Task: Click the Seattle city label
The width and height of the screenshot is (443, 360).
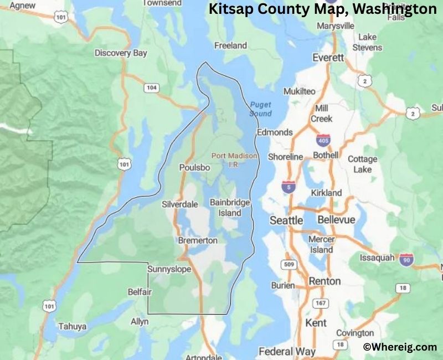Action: click(286, 220)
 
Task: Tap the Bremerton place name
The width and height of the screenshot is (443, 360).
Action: click(198, 240)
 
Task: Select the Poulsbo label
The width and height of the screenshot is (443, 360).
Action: click(194, 167)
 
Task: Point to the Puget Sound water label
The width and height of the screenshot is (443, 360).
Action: click(261, 109)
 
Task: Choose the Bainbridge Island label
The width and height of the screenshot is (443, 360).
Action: click(230, 208)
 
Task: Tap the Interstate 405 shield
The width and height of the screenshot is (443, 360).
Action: click(323, 139)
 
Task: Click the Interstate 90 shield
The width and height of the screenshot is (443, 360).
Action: click(406, 259)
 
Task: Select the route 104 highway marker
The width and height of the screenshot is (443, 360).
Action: click(151, 88)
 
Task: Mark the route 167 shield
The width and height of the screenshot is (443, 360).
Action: click(320, 304)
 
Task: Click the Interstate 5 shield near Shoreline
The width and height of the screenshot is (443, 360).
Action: click(287, 187)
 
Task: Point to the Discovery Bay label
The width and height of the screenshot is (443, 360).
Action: click(121, 53)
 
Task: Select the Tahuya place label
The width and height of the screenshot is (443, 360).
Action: click(73, 327)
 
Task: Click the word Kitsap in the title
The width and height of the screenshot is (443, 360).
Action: click(231, 9)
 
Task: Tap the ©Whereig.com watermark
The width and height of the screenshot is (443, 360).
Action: click(400, 347)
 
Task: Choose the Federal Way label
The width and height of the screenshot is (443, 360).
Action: click(287, 352)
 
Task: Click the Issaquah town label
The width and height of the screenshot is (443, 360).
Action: click(377, 258)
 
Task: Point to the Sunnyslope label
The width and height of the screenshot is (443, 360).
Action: click(169, 269)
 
